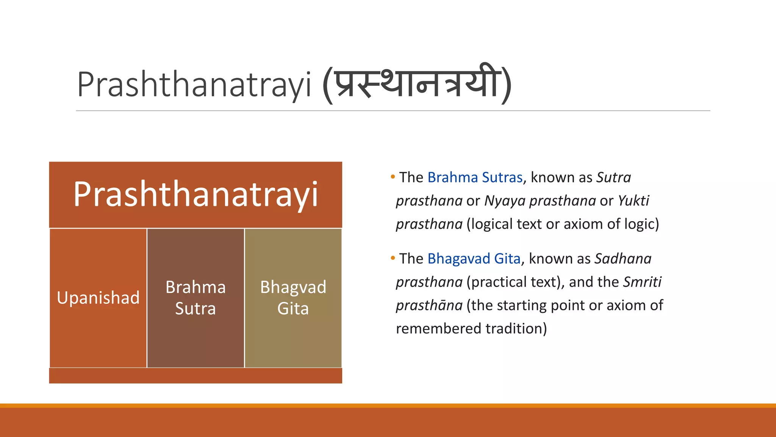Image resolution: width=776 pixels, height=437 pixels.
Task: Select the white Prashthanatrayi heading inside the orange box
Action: coord(196,194)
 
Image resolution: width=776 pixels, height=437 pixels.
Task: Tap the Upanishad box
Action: coord(98,298)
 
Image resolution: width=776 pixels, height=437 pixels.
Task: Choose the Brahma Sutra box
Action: coord(196,298)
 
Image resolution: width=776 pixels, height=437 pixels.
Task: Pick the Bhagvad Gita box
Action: coord(293,298)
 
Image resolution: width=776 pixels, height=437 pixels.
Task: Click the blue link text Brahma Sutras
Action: coord(475,178)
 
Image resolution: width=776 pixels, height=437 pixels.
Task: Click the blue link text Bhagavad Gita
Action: coord(474,259)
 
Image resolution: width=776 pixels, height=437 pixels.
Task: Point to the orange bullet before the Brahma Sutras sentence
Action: coord(393,177)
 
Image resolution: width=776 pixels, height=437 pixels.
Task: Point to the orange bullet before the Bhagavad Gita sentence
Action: coord(393,258)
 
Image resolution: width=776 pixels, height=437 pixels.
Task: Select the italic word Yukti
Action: coord(633,201)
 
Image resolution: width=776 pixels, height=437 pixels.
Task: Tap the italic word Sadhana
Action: coord(623,259)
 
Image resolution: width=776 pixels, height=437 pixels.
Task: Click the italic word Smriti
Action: coord(642,282)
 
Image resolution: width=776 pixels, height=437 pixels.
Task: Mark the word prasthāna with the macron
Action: coord(429,306)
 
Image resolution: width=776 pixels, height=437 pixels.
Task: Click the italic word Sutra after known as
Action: coord(613,178)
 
